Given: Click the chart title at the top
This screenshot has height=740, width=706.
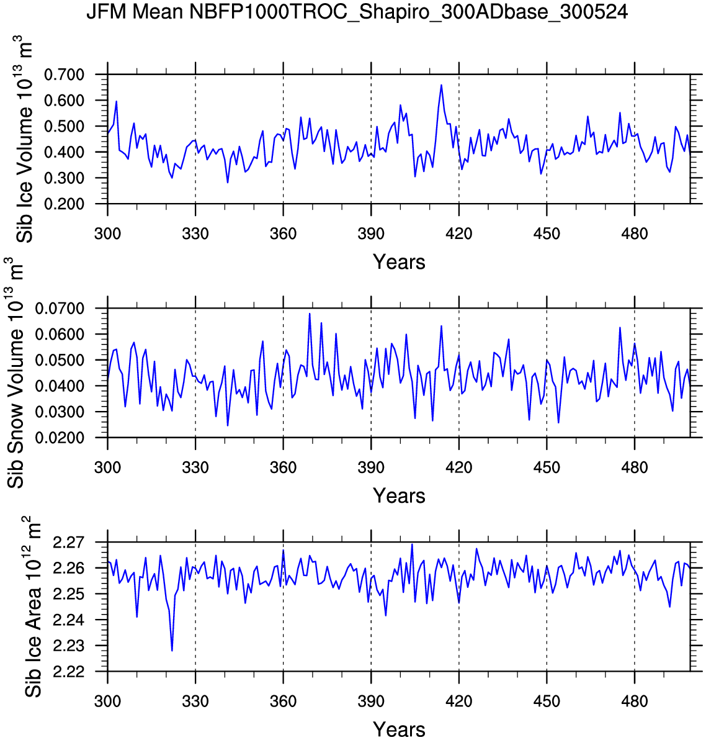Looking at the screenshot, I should (x=357, y=12).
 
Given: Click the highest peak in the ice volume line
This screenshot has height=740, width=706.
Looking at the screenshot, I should (x=441, y=85).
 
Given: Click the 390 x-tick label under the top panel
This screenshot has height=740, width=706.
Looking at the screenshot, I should (x=371, y=234).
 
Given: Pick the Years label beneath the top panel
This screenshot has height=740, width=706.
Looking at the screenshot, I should (x=399, y=262).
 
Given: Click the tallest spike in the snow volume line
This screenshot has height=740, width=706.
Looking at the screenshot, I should (x=310, y=314).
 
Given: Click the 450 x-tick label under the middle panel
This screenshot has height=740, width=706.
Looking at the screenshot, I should (x=547, y=467).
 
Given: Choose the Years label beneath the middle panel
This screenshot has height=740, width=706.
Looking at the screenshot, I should (x=399, y=495).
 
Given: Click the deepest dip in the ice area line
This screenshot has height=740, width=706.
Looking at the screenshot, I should (x=172, y=650).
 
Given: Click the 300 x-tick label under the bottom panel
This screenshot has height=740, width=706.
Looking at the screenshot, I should (x=108, y=702).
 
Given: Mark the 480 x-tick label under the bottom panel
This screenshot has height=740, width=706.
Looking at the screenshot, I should (x=634, y=702).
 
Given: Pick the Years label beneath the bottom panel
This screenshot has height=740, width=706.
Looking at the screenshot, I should (x=399, y=729).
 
